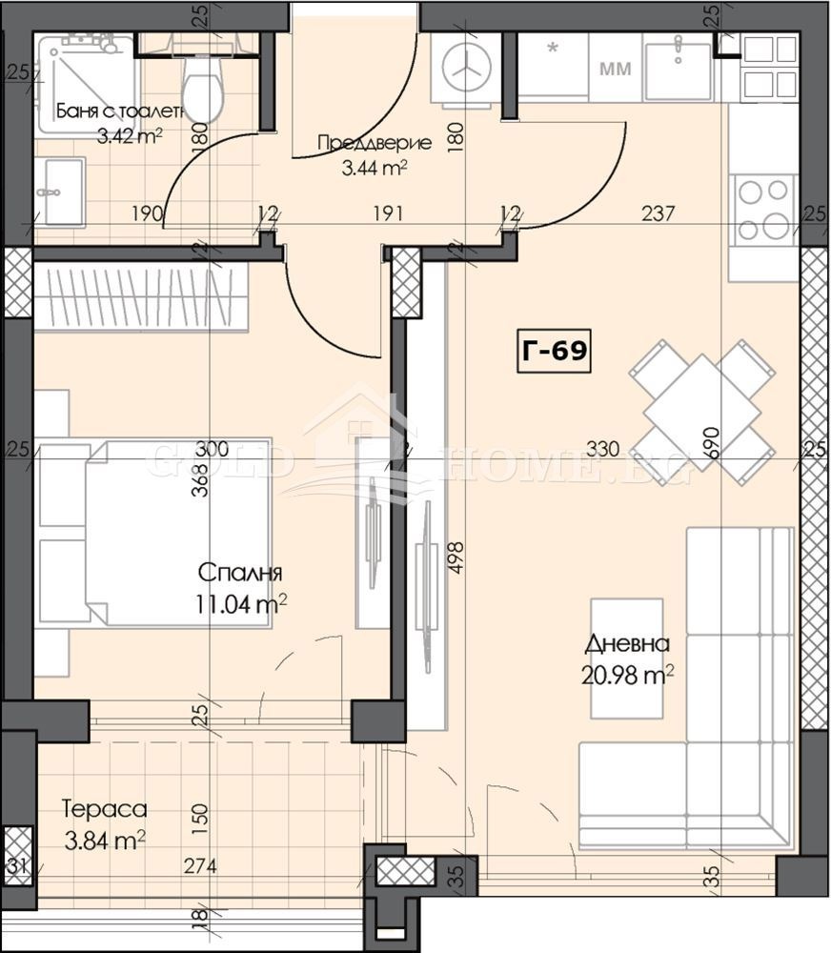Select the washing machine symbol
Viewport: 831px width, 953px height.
click(466, 70)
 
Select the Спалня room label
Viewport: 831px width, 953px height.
click(239, 573)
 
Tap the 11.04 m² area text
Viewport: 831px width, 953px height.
click(243, 602)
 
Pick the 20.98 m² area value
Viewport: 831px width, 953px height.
click(627, 674)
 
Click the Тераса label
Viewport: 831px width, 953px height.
click(104, 810)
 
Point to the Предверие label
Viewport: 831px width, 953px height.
click(374, 144)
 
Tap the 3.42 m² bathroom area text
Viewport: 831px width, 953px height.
click(130, 134)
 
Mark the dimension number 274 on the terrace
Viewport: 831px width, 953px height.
click(201, 867)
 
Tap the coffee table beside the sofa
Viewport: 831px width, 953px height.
click(626, 658)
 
